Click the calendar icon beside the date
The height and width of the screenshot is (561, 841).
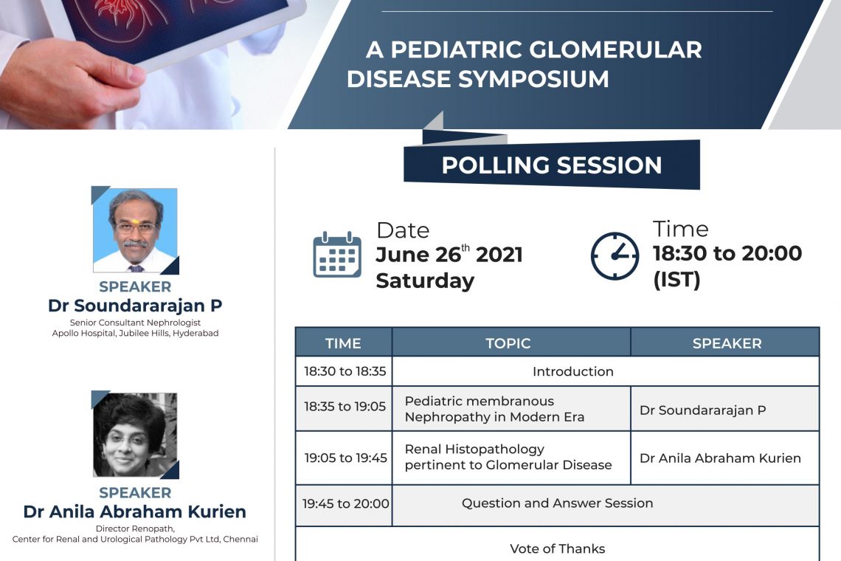click(x=337, y=255)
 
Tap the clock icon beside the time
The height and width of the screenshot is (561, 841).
click(x=615, y=255)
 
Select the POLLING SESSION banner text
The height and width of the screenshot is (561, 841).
click(x=551, y=165)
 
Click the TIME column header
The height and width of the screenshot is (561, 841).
click(x=343, y=343)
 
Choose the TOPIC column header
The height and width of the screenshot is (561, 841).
click(x=508, y=343)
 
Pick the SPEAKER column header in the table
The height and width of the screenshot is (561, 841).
click(x=727, y=343)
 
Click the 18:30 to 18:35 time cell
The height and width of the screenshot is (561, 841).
click(x=345, y=371)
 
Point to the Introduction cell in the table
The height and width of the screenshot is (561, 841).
click(x=572, y=371)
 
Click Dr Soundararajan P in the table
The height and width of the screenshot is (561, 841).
click(x=702, y=410)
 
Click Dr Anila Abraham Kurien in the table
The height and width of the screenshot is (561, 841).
click(x=720, y=458)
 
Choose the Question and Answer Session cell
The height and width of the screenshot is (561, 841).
click(x=557, y=503)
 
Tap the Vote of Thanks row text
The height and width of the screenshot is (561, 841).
click(x=557, y=548)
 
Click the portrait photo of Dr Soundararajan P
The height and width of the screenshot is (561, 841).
click(x=135, y=230)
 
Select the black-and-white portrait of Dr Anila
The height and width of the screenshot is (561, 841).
click(x=135, y=435)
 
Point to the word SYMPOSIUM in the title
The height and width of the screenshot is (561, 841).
click(x=533, y=79)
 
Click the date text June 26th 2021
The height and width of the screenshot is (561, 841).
click(x=449, y=255)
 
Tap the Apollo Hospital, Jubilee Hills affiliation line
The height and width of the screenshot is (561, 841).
click(x=135, y=333)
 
